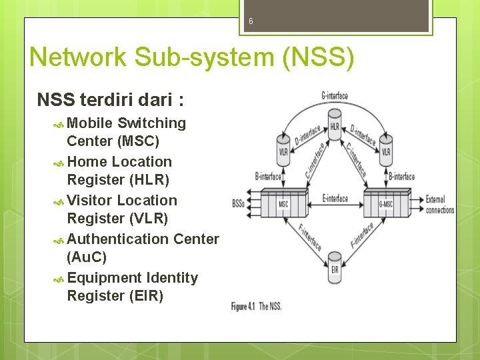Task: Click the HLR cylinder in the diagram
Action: pos(335,126)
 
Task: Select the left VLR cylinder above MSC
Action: pos(283,149)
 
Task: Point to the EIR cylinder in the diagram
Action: pos(335,268)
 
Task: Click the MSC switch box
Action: pos(283,203)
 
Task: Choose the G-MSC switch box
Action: pos(386,203)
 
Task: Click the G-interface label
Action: pos(334,96)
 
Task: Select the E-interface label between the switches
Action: pos(335,198)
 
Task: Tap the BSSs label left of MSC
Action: pos(238,203)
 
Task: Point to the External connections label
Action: pos(439,204)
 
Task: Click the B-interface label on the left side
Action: pos(268,177)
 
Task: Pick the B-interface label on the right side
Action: pos(401,177)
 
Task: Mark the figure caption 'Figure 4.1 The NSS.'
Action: pos(257,306)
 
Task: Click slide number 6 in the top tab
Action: pos(251,21)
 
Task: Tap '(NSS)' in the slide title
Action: pos(318,57)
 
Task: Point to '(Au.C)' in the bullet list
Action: pos(87,257)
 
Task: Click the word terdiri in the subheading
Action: pos(104,100)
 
